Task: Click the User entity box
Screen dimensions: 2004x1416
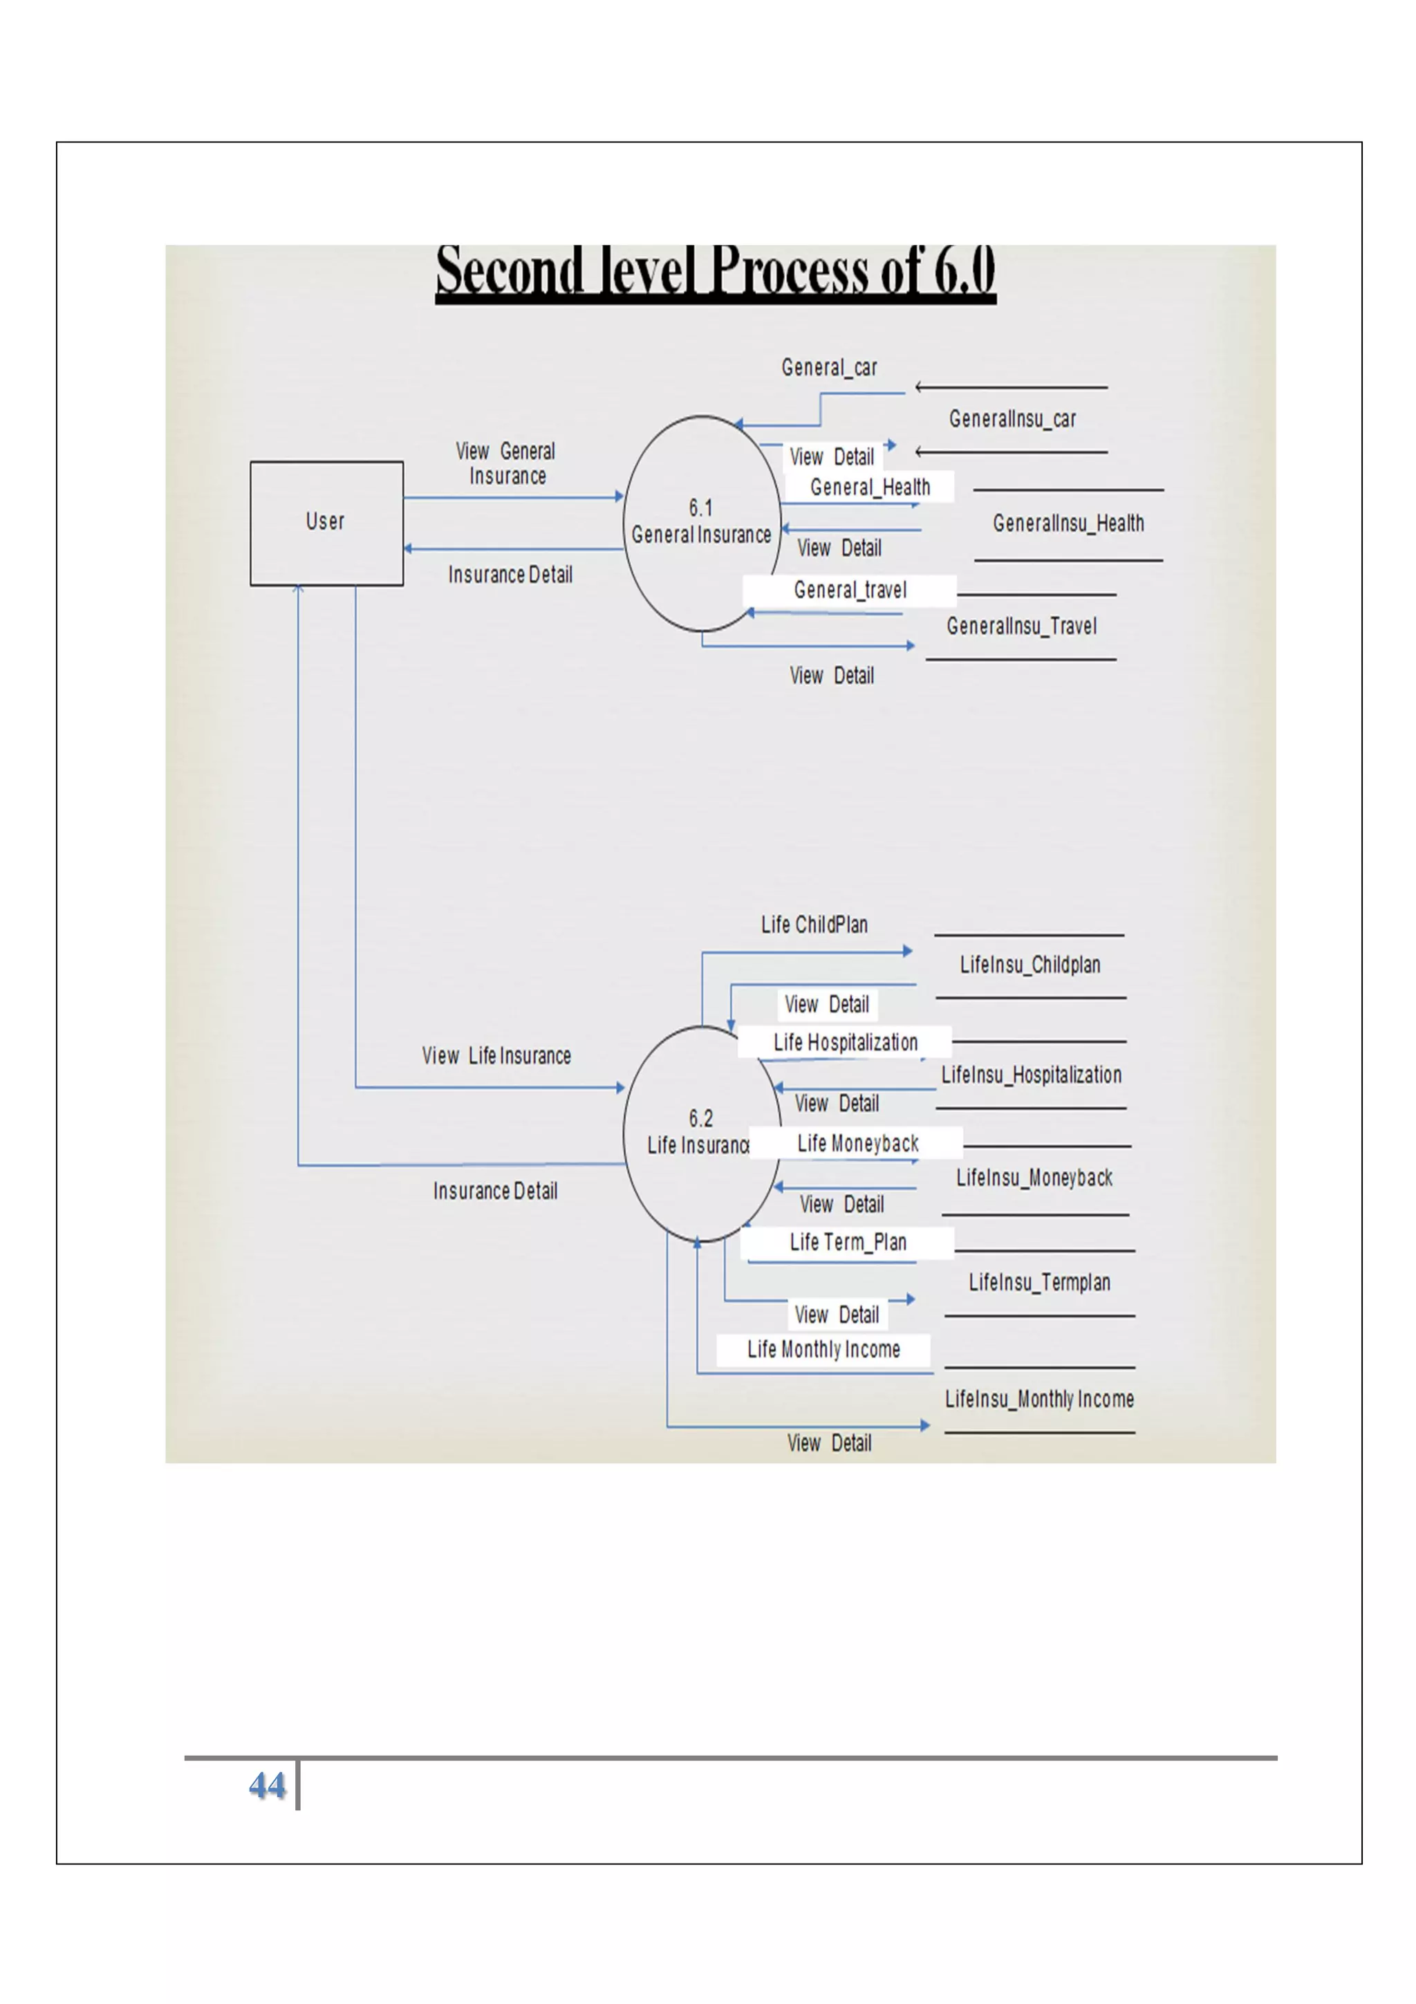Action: [326, 523]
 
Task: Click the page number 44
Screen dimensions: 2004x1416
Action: [267, 1785]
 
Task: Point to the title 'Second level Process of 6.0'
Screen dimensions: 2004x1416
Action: [716, 272]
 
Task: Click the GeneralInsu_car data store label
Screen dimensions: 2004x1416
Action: [1012, 420]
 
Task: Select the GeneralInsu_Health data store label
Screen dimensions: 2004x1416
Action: [1068, 523]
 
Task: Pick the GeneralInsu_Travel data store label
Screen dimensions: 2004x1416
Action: [1021, 627]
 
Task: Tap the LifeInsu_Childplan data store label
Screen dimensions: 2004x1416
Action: [1030, 965]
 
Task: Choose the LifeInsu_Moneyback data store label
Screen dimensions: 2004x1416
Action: [1034, 1178]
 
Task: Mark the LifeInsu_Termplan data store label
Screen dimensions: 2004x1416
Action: [1039, 1283]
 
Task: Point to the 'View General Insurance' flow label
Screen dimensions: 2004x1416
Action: [506, 463]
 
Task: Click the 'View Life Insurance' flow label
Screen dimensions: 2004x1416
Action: [496, 1056]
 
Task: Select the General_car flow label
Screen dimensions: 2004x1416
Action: [829, 367]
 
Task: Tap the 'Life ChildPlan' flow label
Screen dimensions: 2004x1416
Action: [814, 925]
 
